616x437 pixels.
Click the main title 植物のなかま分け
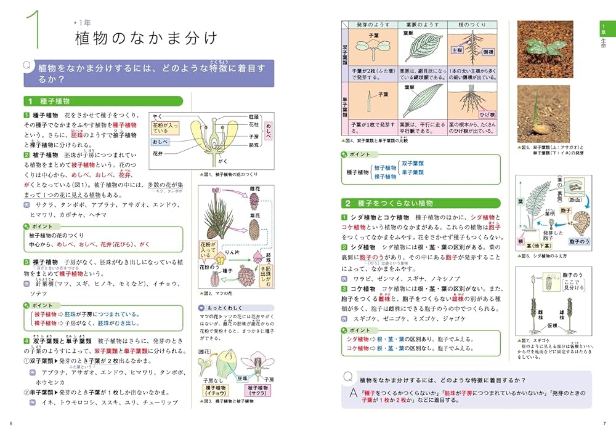pyautogui.click(x=146, y=38)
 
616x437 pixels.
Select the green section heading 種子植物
pyautogui.click(x=55, y=101)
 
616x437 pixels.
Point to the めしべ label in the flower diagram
pyautogui.click(x=268, y=130)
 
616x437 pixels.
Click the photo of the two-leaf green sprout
pyautogui.click(x=545, y=48)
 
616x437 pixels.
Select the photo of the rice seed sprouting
pyautogui.click(x=545, y=116)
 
